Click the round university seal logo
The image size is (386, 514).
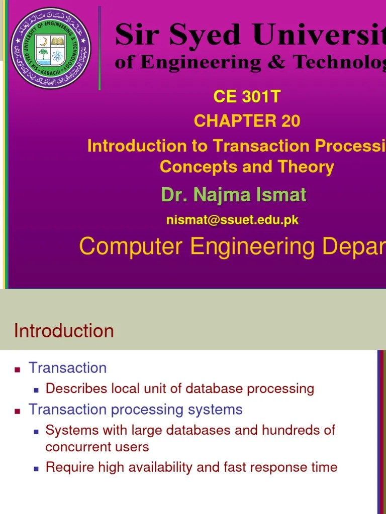point(51,48)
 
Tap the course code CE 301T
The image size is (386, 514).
point(246,96)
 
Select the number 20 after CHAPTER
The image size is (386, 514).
point(289,121)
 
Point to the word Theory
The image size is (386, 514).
point(307,167)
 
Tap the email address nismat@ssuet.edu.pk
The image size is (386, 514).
point(233,220)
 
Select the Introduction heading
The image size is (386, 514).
point(64,331)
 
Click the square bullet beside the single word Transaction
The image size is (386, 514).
point(18,369)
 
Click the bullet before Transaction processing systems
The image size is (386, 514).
point(18,411)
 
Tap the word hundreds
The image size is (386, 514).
point(291,430)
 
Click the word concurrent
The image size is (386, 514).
point(79,447)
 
